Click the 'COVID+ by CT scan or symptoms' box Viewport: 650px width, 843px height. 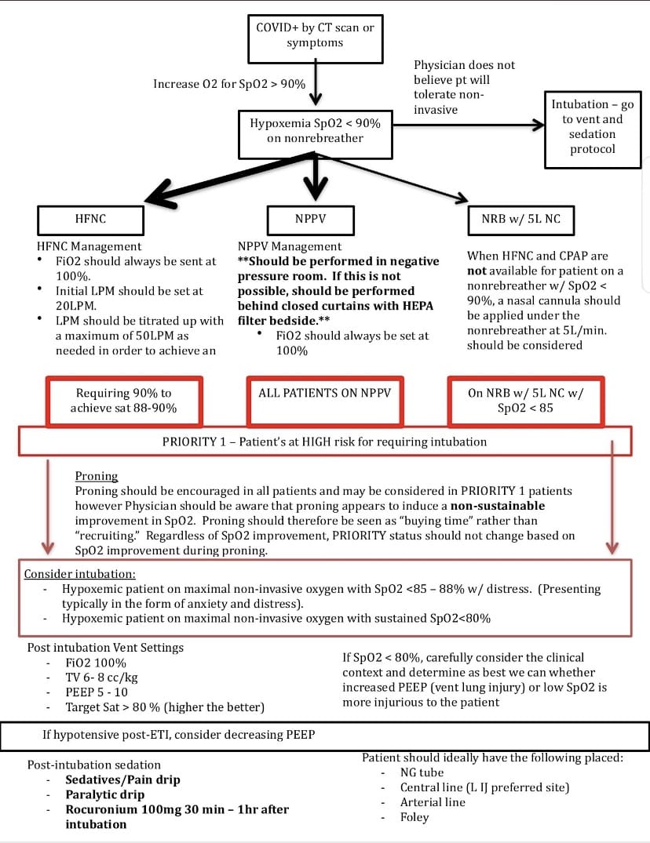(316, 38)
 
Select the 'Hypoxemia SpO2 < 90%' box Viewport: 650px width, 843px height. (316, 134)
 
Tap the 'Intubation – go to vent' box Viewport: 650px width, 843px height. (593, 130)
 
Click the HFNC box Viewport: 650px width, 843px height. (90, 220)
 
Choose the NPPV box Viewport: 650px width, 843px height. (310, 220)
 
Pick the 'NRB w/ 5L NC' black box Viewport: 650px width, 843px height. (520, 220)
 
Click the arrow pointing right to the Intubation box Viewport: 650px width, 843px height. (469, 125)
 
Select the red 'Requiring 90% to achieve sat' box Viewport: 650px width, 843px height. (124, 402)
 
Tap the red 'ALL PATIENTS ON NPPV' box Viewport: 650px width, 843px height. (325, 402)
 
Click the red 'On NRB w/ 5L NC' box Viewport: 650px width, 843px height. (526, 402)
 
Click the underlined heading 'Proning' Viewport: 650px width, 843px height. (97, 476)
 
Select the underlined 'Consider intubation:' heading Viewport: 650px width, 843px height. (79, 574)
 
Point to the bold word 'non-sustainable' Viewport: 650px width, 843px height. (498, 506)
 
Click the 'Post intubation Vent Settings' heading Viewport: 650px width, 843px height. (105, 647)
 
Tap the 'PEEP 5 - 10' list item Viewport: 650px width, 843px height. (97, 692)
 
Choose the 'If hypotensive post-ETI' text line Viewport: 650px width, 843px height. (179, 735)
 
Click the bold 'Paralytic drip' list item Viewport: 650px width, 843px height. (105, 794)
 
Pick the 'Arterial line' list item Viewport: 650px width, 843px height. (433, 802)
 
